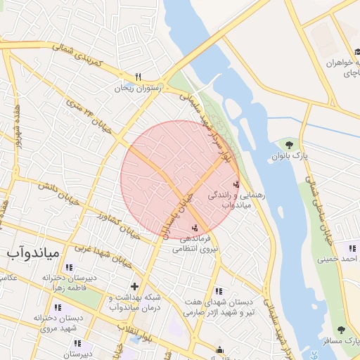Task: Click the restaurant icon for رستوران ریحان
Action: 139,77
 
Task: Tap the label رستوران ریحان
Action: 139,88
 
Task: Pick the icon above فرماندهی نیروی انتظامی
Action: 195,227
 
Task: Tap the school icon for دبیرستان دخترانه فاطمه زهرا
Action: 69,268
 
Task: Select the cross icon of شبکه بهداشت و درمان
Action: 134,286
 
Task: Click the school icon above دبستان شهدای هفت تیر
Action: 219,290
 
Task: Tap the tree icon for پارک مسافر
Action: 341,329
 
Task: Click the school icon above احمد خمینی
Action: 352,247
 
